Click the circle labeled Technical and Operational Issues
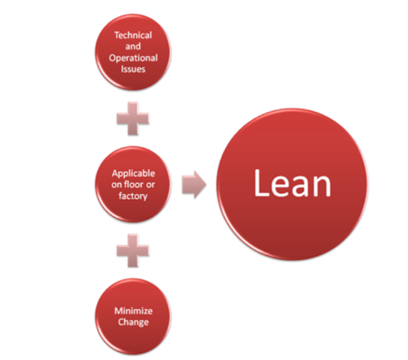[133, 53]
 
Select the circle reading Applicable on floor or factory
[133, 184]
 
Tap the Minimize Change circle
[133, 316]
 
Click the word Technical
[133, 35]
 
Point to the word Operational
[133, 58]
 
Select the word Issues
[133, 69]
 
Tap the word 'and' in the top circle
[133, 46]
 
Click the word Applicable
[134, 173]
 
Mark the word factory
[134, 195]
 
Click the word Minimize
[134, 311]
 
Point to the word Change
[134, 322]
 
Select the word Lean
[292, 184]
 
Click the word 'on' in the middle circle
[117, 184]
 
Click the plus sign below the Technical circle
[133, 119]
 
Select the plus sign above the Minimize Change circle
[133, 251]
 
